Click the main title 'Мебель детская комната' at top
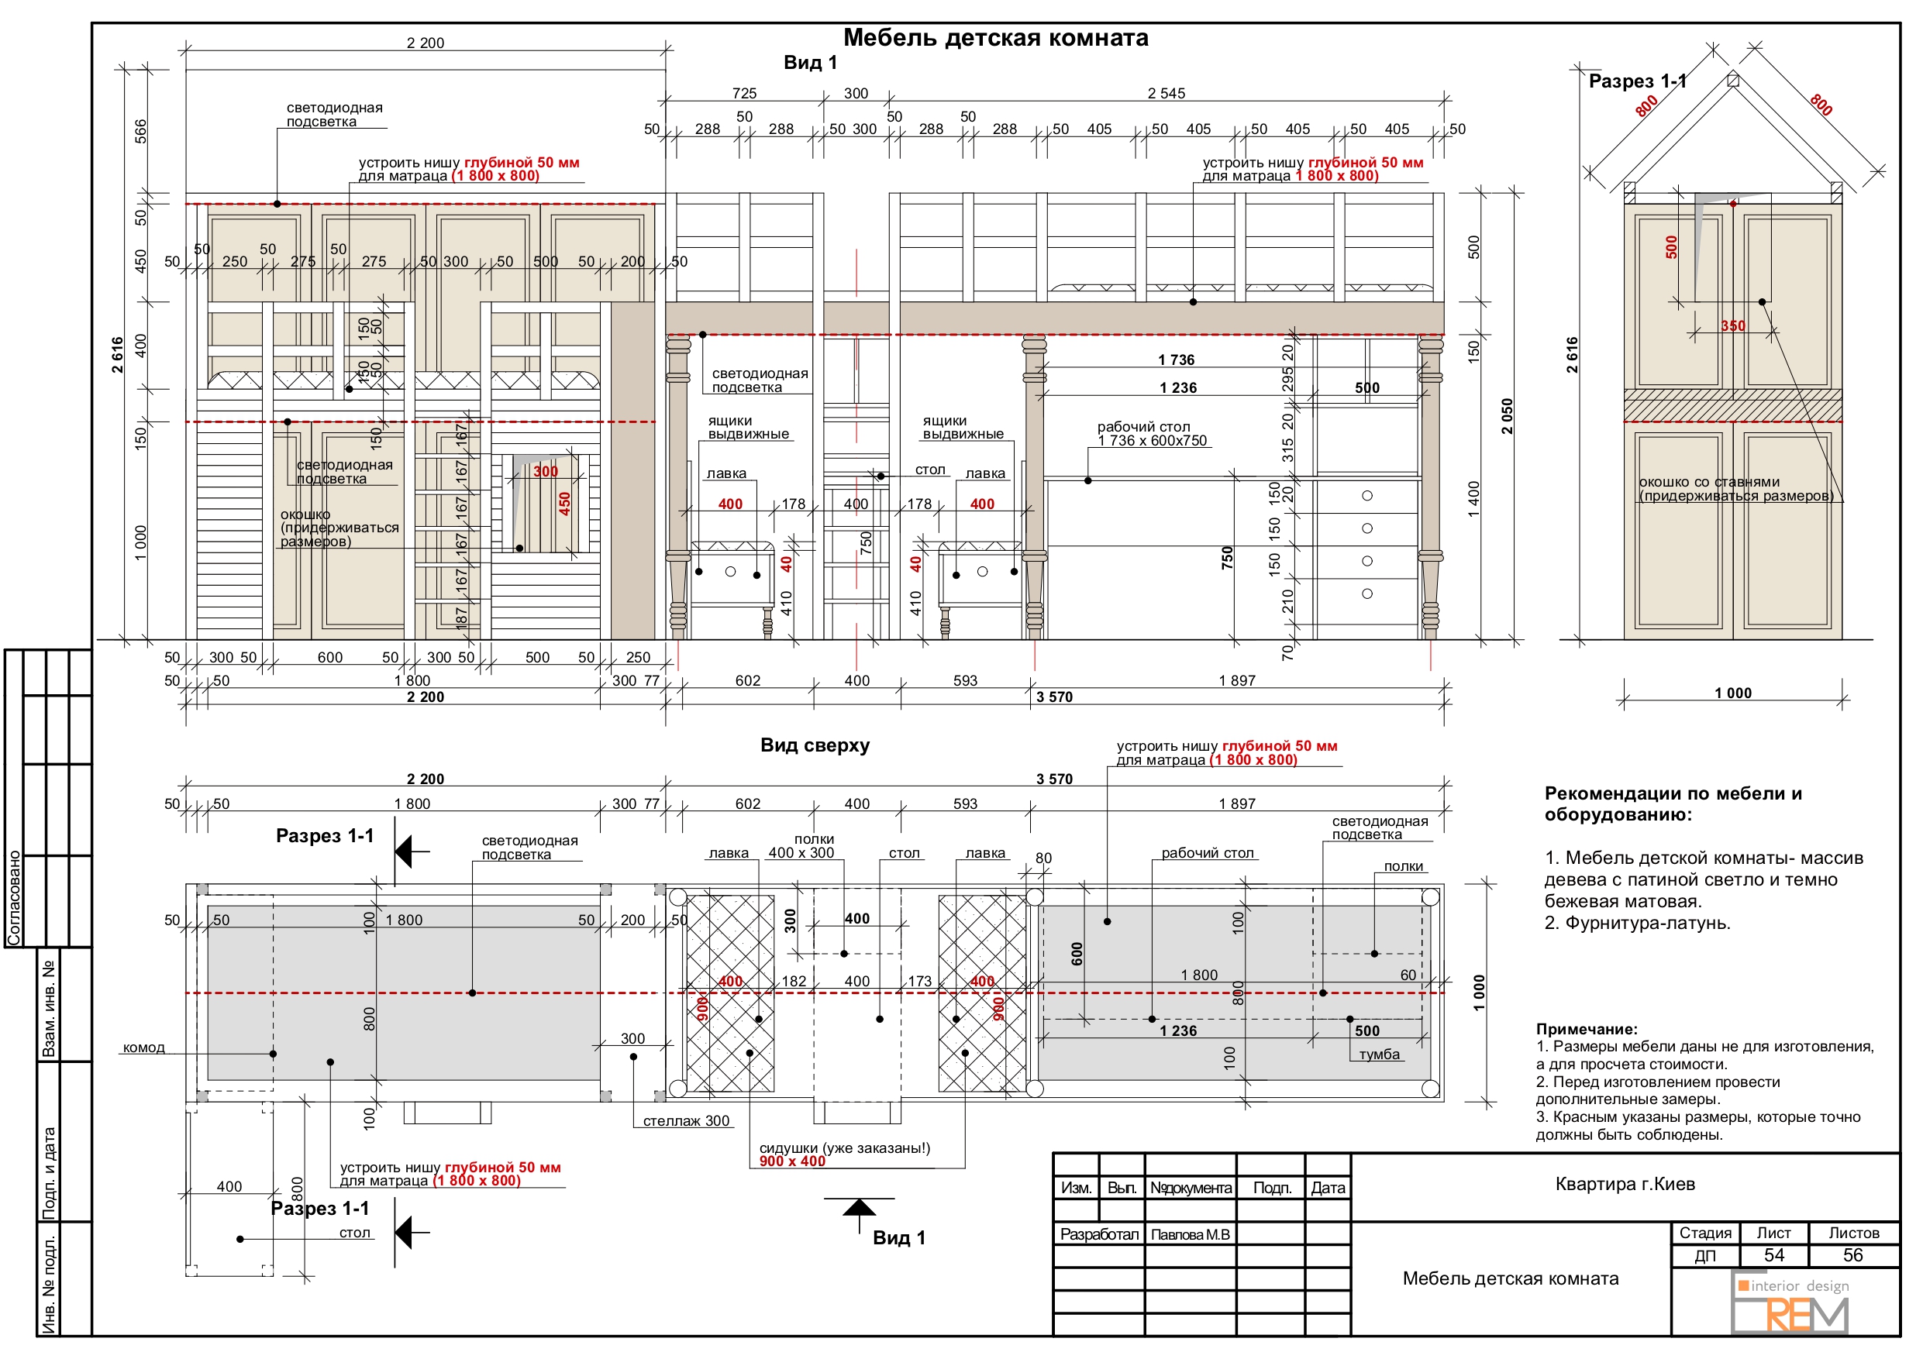[995, 38]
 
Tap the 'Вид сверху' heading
[814, 745]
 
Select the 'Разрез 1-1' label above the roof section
[1638, 81]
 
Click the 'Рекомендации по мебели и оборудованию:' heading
[1673, 803]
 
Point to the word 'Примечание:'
[1586, 1029]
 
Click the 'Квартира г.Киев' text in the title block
[1625, 1184]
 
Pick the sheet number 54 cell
[1774, 1255]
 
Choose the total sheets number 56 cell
[1852, 1255]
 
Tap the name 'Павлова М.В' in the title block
[1190, 1235]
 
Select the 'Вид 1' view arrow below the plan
[859, 1215]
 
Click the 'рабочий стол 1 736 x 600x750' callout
[1152, 434]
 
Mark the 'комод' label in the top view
[143, 1048]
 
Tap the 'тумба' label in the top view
[1380, 1055]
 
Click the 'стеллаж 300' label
[686, 1121]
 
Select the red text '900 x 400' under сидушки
[792, 1161]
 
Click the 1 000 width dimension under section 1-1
[1733, 693]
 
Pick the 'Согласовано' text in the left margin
[13, 899]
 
